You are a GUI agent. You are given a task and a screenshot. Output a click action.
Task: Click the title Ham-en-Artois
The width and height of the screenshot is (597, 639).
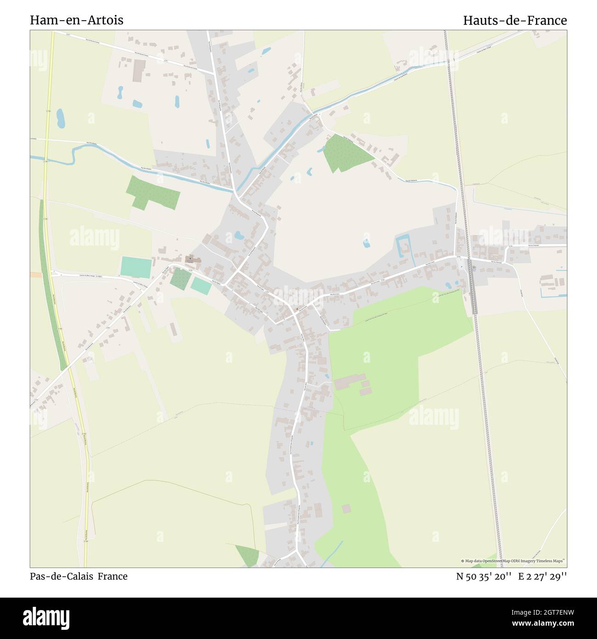click(77, 20)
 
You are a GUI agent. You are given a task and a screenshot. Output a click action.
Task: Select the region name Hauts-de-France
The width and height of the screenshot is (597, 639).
click(515, 20)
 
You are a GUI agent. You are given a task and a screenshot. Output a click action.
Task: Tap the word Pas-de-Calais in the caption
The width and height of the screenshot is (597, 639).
click(59, 576)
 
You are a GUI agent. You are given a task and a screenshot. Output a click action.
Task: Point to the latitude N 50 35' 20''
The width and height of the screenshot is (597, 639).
click(484, 576)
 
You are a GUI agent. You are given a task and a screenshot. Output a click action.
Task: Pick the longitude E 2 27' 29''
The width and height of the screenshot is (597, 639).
click(543, 576)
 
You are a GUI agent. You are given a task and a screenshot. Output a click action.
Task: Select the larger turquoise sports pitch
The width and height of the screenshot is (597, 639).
click(136, 267)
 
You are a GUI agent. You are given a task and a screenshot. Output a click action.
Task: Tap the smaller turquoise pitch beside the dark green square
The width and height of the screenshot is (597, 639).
click(201, 286)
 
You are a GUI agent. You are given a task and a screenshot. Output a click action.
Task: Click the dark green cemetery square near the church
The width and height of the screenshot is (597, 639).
click(180, 277)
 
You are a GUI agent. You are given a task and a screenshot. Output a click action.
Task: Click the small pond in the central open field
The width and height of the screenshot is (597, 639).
click(366, 243)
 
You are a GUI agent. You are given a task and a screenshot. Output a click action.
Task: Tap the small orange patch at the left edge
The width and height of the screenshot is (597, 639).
click(35, 274)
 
